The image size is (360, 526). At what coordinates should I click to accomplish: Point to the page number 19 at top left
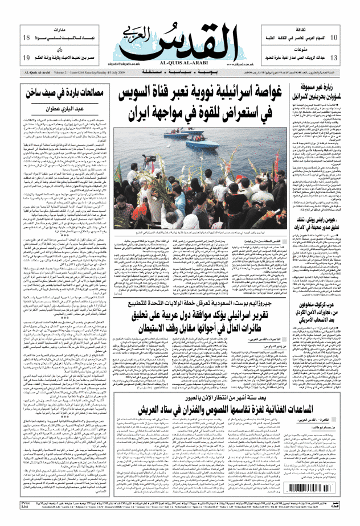(26, 58)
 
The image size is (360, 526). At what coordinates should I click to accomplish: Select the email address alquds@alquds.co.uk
(135, 64)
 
